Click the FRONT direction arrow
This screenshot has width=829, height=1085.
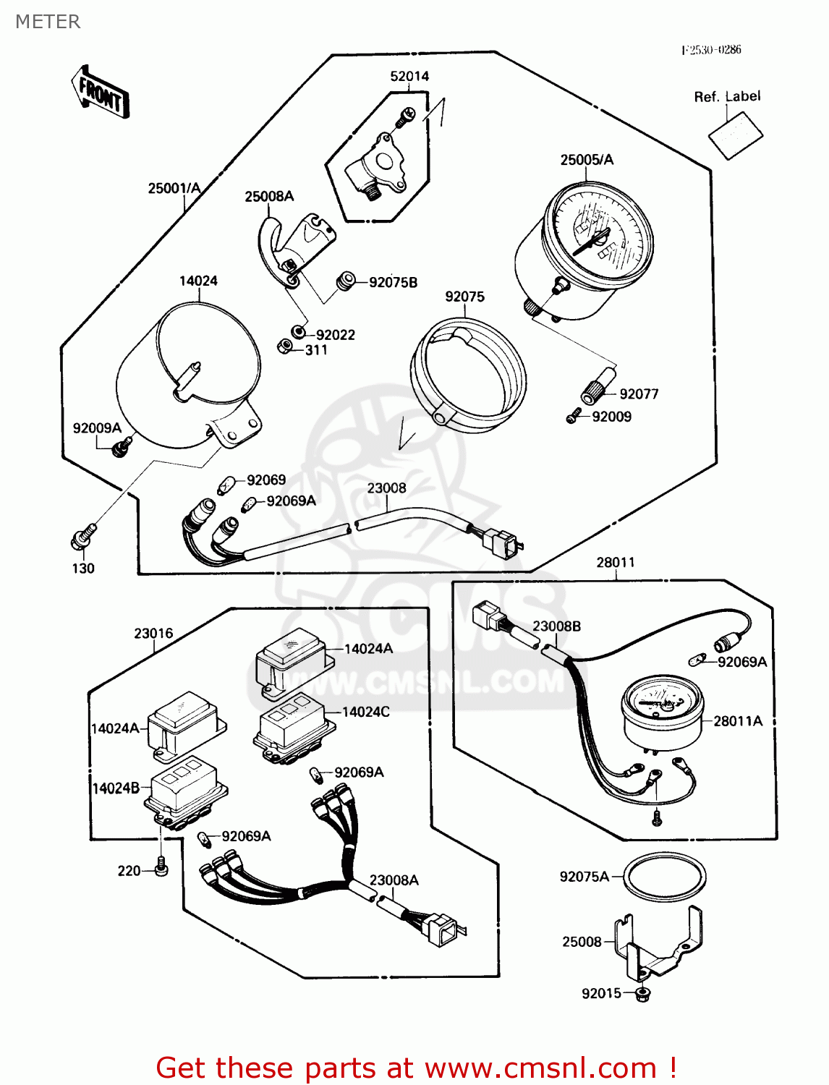[101, 93]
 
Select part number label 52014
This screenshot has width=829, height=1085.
[409, 76]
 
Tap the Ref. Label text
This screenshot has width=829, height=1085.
[727, 96]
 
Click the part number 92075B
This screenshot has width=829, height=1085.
[393, 282]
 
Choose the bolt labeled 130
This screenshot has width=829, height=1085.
[81, 537]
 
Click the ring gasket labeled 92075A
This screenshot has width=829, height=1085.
[665, 876]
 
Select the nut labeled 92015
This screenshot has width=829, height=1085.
[642, 994]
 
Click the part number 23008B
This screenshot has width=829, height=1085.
[556, 626]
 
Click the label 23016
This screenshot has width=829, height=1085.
[153, 633]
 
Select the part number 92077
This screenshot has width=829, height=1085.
[639, 393]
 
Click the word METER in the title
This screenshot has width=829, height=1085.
[48, 22]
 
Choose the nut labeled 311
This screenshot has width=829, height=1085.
[284, 347]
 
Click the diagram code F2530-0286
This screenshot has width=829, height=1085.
[711, 49]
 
